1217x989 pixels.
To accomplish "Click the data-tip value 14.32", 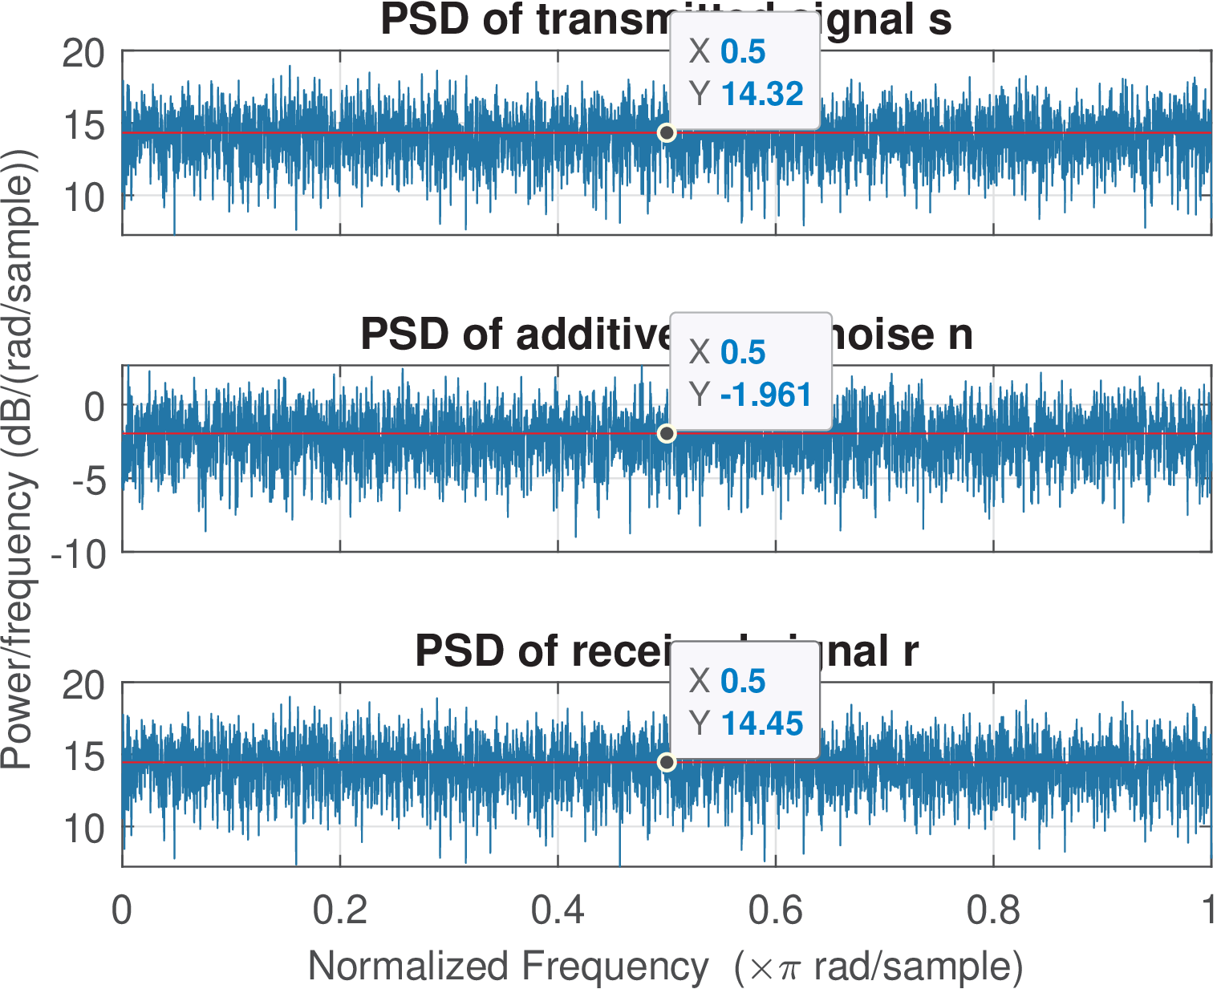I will tap(761, 94).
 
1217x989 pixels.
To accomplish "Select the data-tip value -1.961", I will tap(766, 395).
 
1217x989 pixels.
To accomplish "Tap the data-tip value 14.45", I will tap(761, 724).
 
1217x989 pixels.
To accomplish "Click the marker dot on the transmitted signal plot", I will tap(666, 132).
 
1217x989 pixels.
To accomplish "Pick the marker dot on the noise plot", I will tap(666, 434).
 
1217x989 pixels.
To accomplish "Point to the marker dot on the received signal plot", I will tap(666, 762).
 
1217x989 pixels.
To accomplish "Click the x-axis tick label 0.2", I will tap(340, 910).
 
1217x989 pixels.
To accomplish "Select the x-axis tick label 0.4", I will tap(558, 910).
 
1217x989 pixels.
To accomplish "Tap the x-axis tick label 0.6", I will tap(775, 910).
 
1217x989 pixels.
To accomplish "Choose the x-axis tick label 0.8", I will tap(993, 910).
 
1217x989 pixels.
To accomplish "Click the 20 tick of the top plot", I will tap(83, 54).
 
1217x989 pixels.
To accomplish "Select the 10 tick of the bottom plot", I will tap(83, 829).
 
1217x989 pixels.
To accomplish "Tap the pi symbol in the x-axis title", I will tap(789, 969).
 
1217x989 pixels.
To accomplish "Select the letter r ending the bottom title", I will tap(910, 651).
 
